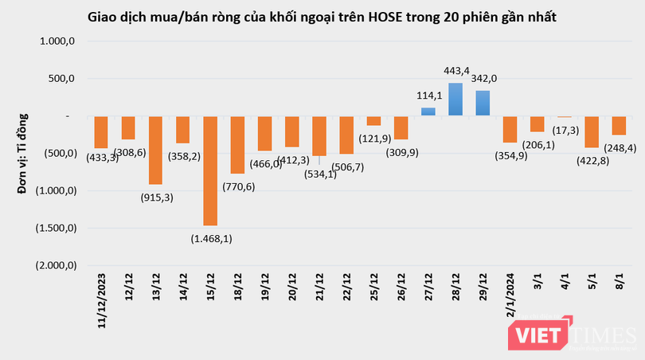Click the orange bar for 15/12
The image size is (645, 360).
(x=210, y=170)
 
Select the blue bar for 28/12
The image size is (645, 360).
(x=455, y=99)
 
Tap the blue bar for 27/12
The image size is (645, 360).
(x=428, y=112)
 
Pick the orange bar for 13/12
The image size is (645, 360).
(x=155, y=150)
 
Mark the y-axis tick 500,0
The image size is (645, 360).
(x=61, y=79)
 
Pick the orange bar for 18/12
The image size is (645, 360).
(x=237, y=144)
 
